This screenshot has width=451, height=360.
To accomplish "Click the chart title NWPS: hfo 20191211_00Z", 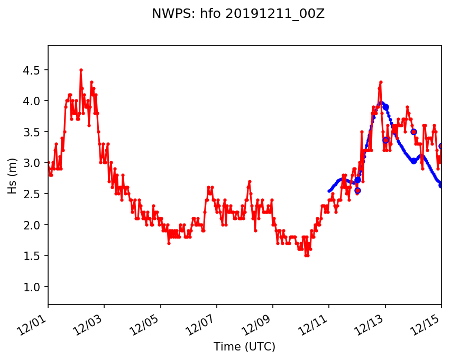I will tap(238, 14).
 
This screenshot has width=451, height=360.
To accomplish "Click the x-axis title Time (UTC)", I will tap(244, 347).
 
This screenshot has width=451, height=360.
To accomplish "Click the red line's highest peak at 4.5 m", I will tap(81, 70).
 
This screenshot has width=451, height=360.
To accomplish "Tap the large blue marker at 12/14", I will tap(413, 132).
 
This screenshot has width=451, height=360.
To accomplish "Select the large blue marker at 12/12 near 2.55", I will tap(357, 190).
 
